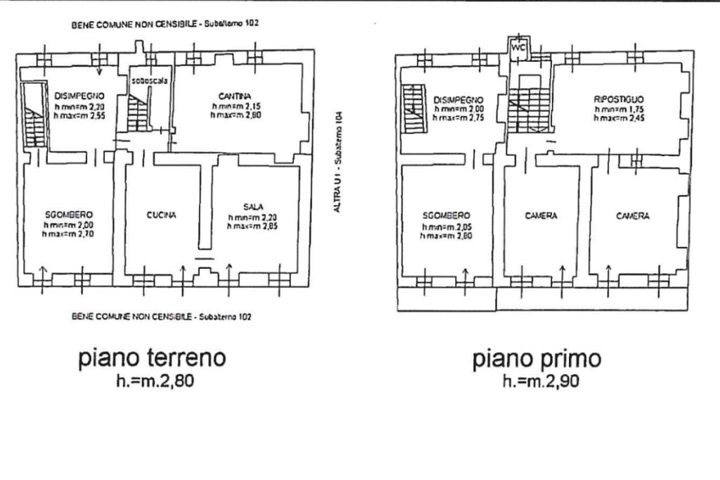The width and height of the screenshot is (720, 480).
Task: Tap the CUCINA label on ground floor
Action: [x=162, y=215]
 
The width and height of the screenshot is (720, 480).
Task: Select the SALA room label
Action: [x=253, y=206]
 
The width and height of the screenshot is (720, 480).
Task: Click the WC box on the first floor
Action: [x=520, y=48]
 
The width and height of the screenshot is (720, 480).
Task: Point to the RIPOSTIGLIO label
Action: [x=619, y=99]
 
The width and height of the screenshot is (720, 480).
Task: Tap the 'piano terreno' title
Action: [x=152, y=358]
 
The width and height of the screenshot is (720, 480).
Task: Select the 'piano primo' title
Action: [x=536, y=359]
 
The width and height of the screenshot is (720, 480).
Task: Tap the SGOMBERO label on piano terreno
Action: [x=68, y=215]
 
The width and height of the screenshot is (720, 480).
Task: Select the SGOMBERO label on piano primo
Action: [x=447, y=215]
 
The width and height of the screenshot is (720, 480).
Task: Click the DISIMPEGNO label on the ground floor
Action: [x=79, y=95]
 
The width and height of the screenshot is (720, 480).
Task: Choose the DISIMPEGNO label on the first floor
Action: [x=458, y=100]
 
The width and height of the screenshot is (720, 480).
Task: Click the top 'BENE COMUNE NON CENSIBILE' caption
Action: [x=166, y=23]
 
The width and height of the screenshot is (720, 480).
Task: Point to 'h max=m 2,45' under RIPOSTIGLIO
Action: [x=619, y=118]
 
